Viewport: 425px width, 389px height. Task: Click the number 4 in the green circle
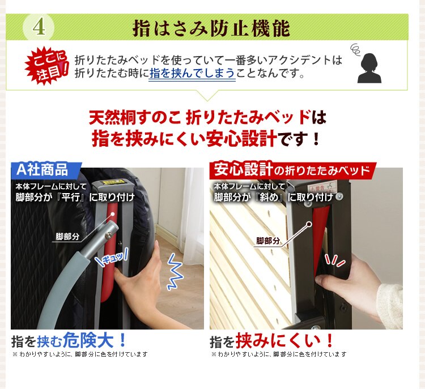click(39, 27)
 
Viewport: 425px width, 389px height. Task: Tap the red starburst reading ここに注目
click(46, 66)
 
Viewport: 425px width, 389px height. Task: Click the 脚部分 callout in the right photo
click(268, 241)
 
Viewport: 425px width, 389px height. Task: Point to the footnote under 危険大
click(79, 354)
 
